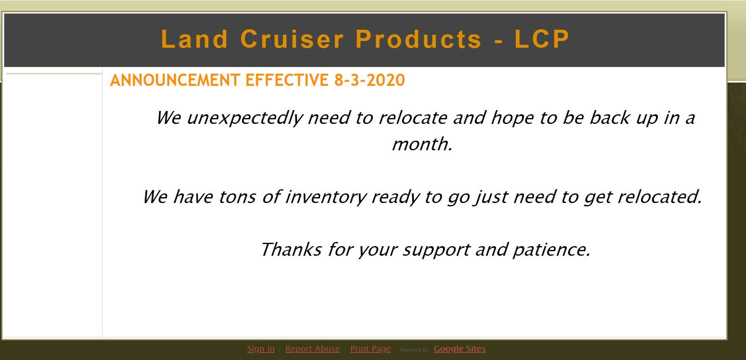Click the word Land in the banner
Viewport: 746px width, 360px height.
pos(195,39)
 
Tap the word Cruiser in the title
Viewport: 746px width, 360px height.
pos(292,39)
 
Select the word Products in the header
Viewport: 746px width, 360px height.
pos(419,39)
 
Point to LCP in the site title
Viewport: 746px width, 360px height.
pos(542,39)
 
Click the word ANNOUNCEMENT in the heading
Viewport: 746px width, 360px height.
pos(175,80)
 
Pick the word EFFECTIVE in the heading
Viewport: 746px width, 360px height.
pos(287,80)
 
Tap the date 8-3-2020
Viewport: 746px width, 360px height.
pos(369,80)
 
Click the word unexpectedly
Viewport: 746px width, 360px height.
pos(244,118)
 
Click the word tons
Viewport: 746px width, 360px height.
pos(237,197)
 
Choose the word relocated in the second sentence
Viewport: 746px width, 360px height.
pos(660,197)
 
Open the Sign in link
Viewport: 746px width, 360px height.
pos(261,349)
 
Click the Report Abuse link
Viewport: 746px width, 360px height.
pos(312,349)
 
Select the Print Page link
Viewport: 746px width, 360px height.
pos(370,349)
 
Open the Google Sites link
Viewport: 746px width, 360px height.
pos(460,349)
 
